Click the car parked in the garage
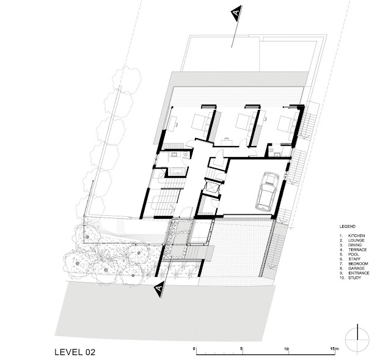coord(267,190)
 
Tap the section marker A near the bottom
coord(159,289)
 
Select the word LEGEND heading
coord(348,227)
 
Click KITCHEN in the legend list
coord(356,236)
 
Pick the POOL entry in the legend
coord(354,254)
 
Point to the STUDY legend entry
coord(354,278)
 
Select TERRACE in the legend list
coord(357,250)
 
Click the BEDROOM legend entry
coord(358,263)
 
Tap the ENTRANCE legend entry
coord(359,273)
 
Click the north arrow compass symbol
coord(357,340)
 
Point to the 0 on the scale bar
coord(194,348)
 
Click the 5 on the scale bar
coord(241,348)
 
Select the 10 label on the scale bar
coord(287,348)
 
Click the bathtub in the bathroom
coord(177,171)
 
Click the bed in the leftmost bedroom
coord(200,122)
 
